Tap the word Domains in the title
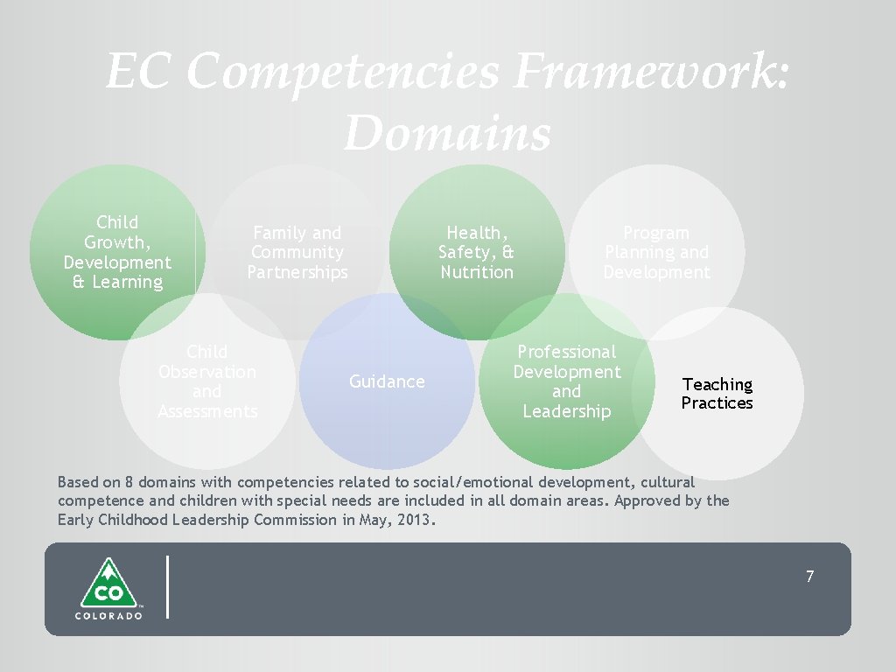tap(447, 133)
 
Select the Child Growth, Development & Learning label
tap(117, 252)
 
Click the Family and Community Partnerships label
tap(297, 253)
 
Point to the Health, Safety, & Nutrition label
tap(477, 253)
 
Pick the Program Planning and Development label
tap(657, 253)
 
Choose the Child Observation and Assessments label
tap(207, 381)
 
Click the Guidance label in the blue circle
tap(387, 381)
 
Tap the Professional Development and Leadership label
tap(566, 381)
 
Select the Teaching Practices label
tap(717, 394)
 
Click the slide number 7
tap(809, 577)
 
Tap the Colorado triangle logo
tap(108, 584)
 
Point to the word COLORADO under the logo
tap(108, 615)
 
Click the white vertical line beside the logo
tap(166, 587)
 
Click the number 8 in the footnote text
tap(129, 482)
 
